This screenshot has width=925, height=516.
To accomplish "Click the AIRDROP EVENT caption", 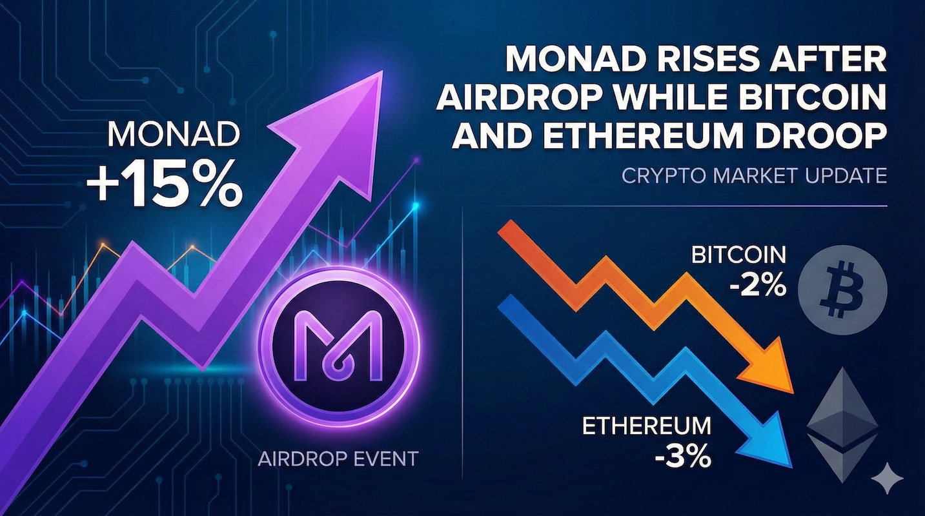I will coord(338,459).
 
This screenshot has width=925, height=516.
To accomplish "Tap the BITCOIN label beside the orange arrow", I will coord(739,255).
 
